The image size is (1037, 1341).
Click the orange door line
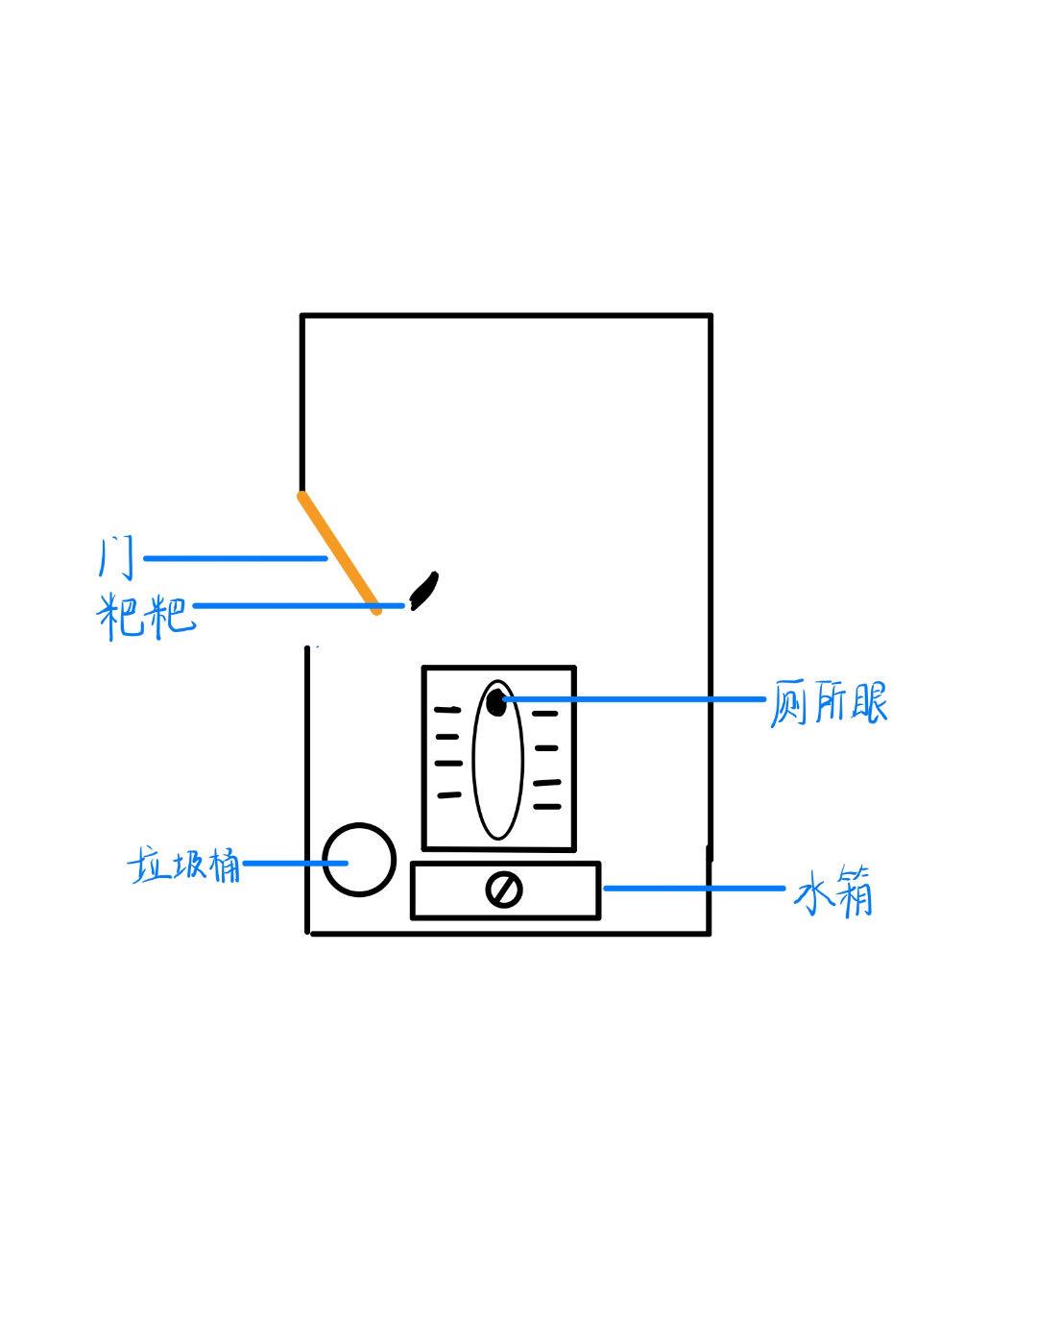[x=338, y=551]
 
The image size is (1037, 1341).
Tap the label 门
[x=114, y=558]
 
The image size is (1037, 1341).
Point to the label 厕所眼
[x=829, y=704]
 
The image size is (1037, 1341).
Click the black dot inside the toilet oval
[x=495, y=702]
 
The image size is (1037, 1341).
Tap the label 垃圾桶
[x=183, y=866]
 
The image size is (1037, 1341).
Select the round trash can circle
[x=359, y=859]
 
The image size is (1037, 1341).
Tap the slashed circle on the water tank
[x=503, y=890]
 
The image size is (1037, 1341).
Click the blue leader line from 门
[x=234, y=558]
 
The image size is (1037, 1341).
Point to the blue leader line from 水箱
[x=691, y=889]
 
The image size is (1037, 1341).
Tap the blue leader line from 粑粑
[x=288, y=606]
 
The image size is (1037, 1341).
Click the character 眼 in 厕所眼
[x=867, y=704]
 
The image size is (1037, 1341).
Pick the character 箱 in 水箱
[x=852, y=892]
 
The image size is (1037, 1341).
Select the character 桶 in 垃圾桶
[x=223, y=866]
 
